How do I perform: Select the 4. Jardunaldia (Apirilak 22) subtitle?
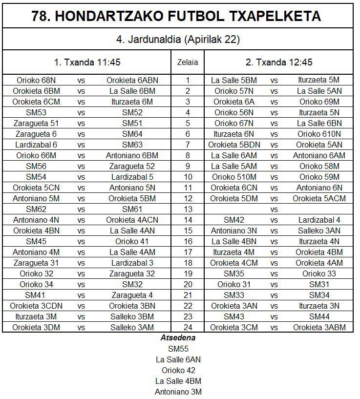point(178,40)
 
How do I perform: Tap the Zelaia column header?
point(188,63)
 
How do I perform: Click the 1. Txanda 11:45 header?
point(87,63)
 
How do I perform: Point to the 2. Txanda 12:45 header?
point(278,63)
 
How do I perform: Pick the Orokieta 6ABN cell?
point(132,80)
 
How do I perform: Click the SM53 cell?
point(36,112)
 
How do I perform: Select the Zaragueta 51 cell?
point(36,123)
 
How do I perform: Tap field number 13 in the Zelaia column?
point(188,209)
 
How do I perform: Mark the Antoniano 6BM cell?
point(132,155)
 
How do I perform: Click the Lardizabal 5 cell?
point(132,177)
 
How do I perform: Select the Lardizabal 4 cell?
point(319,220)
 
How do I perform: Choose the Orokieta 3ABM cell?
point(319,327)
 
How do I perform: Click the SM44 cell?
point(319,316)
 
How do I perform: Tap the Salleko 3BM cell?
point(132,316)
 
